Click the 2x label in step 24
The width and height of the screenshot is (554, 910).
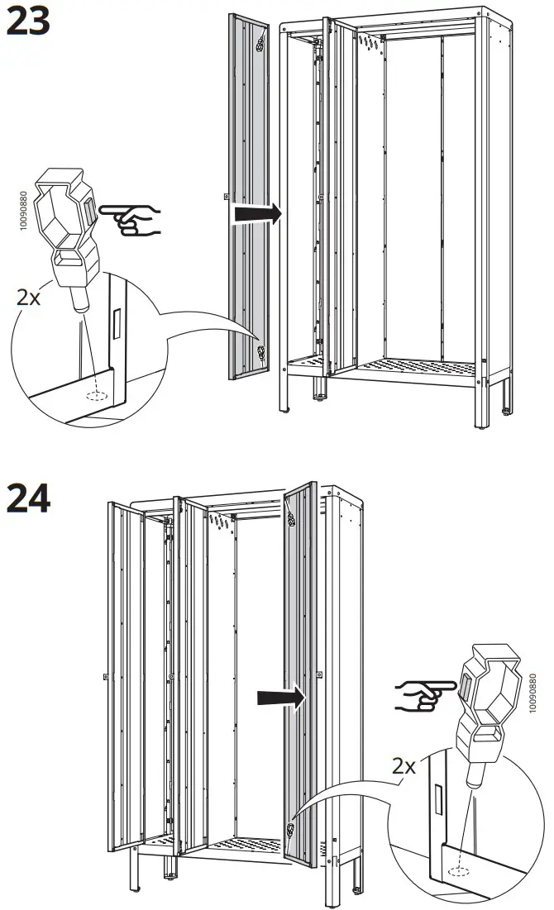coord(404,766)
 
